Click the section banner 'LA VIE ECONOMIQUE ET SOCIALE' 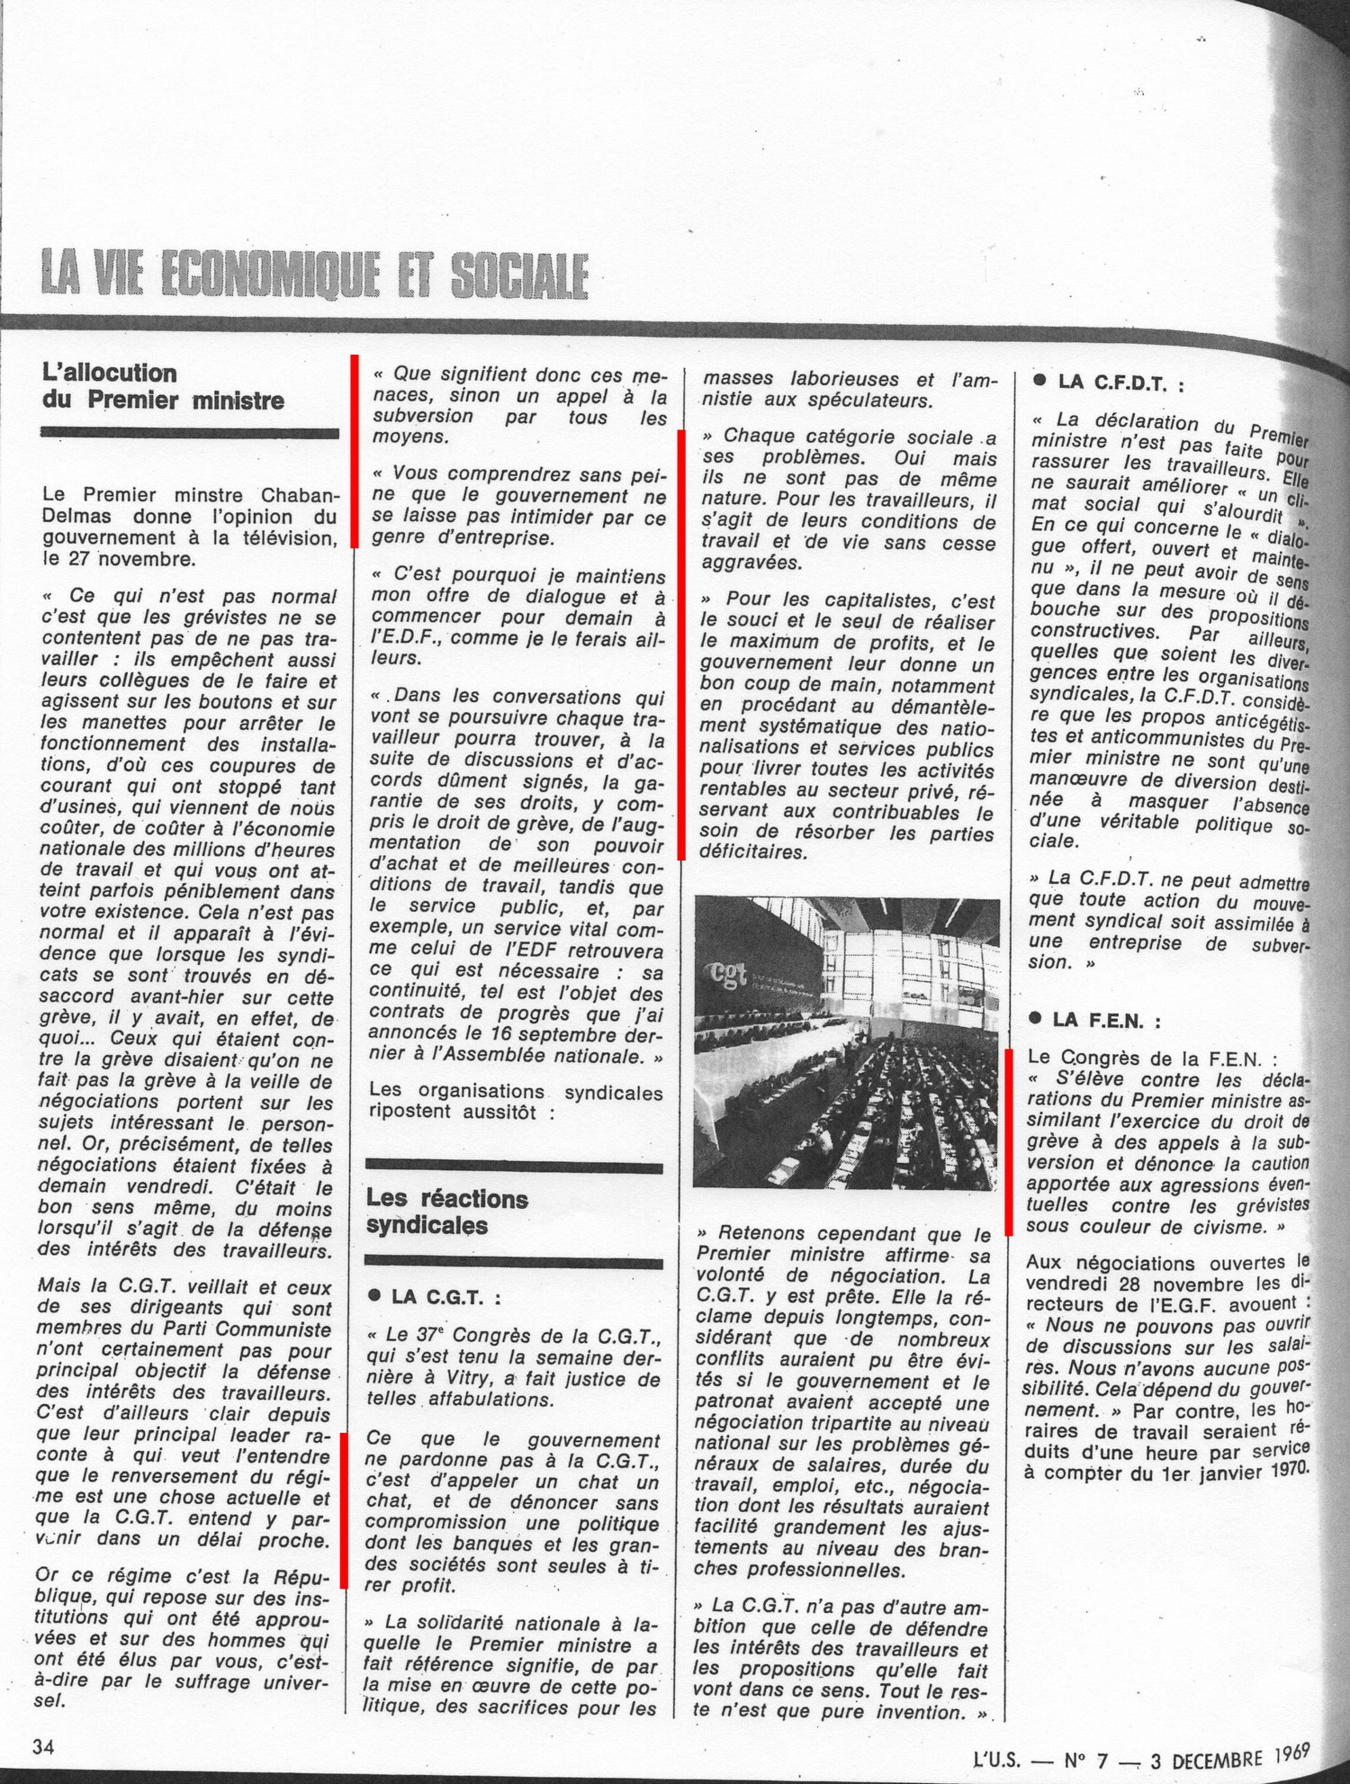coord(314,275)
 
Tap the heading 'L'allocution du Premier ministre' coord(163,386)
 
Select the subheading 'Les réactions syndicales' coord(446,1212)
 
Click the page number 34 coord(43,1747)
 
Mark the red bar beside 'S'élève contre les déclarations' coord(1009,1141)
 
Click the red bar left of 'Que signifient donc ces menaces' coord(355,450)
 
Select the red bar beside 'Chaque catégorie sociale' coord(681,644)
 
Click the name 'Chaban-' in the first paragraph coord(301,495)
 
